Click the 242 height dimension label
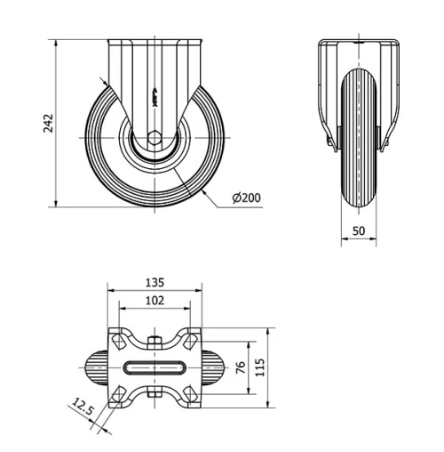point(50,122)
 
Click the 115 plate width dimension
point(261,367)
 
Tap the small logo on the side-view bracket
point(154,98)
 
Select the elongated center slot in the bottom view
point(154,368)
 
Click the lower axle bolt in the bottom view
point(154,394)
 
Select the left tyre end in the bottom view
point(95,368)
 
